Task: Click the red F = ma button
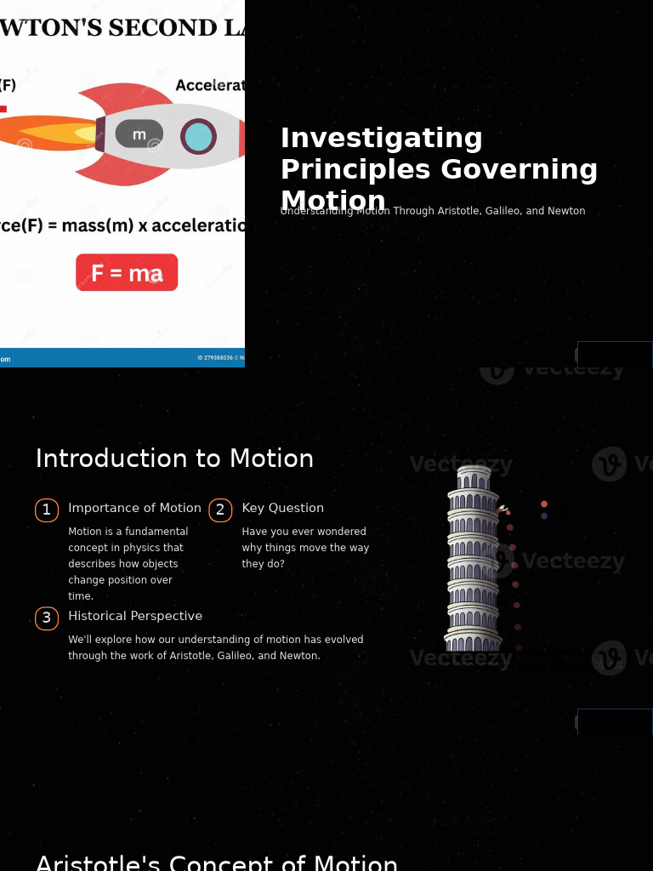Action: [x=127, y=272]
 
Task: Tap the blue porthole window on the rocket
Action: [x=198, y=136]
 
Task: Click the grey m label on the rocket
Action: [x=139, y=134]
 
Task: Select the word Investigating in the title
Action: [x=382, y=138]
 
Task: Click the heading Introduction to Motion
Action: [x=174, y=458]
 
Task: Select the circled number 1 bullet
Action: [x=47, y=510]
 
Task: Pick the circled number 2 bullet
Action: [x=220, y=510]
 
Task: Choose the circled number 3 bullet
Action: [x=47, y=618]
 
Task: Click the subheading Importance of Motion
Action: [x=134, y=508]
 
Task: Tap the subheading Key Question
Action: [x=282, y=508]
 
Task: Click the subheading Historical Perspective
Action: [x=135, y=616]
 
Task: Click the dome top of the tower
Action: [x=474, y=472]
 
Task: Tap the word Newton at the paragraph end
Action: [x=299, y=656]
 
